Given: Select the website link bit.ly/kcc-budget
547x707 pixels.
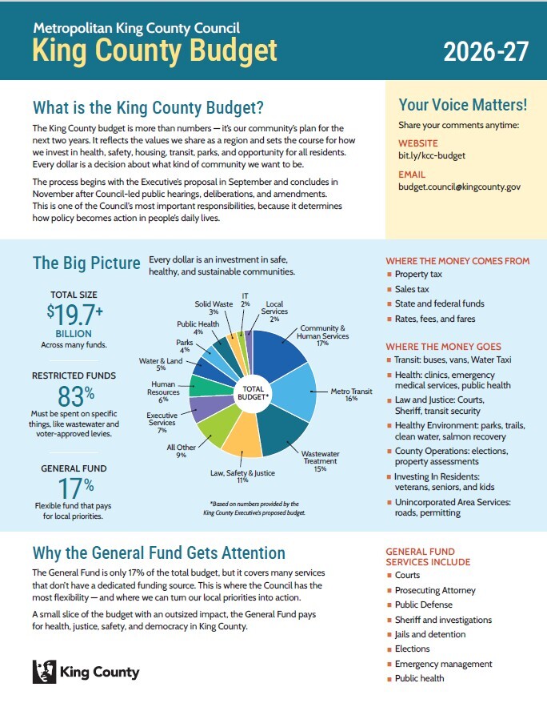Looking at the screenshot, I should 432,155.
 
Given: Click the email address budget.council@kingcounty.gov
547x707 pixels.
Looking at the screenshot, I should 460,187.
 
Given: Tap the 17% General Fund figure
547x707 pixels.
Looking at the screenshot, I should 74,486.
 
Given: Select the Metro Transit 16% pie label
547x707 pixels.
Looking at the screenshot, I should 351,396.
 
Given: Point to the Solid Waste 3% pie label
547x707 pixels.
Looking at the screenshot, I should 214,308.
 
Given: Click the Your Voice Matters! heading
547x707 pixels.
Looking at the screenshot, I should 462,105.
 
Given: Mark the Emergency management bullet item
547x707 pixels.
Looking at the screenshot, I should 443,664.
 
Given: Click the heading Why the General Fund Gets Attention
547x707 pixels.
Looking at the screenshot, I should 158,552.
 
